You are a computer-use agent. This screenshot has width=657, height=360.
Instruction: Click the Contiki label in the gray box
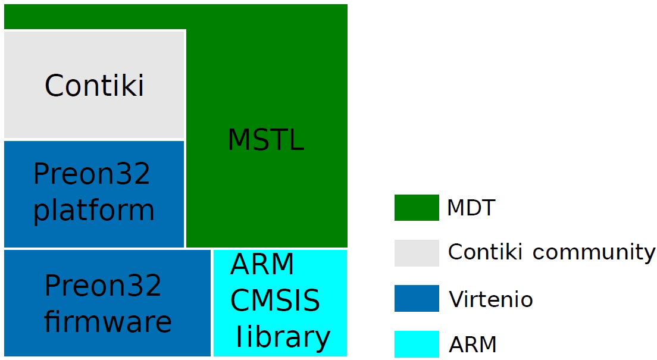coord(94,85)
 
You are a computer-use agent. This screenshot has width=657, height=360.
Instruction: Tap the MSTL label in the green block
coord(265,140)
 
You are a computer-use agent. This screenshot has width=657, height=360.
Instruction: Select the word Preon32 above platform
coord(92,174)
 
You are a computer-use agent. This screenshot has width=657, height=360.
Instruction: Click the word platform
coord(93,210)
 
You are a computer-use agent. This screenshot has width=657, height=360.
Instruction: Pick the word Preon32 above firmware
coord(103,286)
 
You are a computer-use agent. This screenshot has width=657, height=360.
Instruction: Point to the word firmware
coord(108,322)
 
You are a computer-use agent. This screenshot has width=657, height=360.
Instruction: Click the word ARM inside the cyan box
coord(262,265)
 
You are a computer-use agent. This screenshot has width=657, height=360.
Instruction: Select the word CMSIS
coord(275,301)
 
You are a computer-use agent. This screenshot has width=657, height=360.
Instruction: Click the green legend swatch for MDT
coord(417,208)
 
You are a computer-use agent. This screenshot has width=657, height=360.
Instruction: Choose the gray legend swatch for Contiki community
coord(417,253)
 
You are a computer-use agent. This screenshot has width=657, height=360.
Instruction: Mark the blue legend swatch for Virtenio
coord(417,299)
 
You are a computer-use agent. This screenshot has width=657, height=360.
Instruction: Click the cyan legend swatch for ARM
coord(417,344)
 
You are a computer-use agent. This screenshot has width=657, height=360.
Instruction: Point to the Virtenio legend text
coord(490,299)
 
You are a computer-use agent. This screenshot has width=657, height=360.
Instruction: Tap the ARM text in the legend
coord(473,344)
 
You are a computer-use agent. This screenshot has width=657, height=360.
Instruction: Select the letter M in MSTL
coord(239,140)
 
